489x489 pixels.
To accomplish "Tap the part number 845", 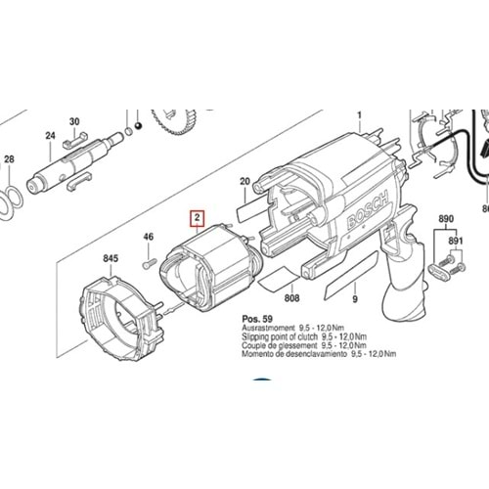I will pyautogui.click(x=110, y=259).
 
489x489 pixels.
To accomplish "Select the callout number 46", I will pyautogui.click(x=150, y=237).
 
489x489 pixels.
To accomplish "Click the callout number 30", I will pyautogui.click(x=74, y=122).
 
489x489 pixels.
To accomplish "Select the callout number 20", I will pyautogui.click(x=245, y=181).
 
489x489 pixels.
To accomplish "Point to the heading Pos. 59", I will pyautogui.click(x=256, y=321).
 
